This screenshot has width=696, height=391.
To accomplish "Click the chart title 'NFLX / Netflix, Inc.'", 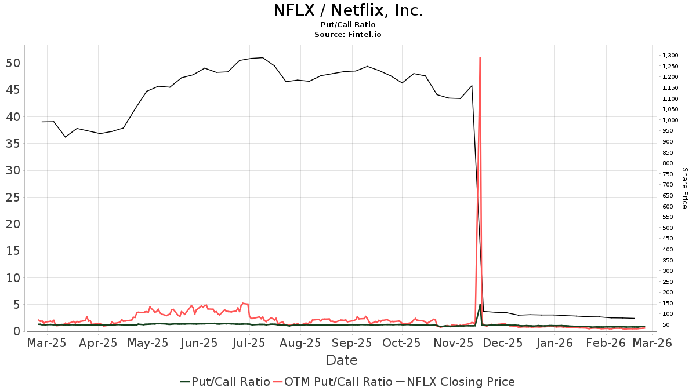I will pyautogui.click(x=348, y=10).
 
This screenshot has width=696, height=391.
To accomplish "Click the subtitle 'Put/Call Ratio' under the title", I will pyautogui.click(x=348, y=24).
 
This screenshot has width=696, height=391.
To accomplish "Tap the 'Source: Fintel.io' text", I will pyautogui.click(x=348, y=34).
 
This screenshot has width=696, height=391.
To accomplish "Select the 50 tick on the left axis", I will pyautogui.click(x=13, y=63).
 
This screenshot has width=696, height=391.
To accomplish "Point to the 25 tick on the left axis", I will pyautogui.click(x=13, y=198).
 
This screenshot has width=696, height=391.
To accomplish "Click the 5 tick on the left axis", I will pyautogui.click(x=17, y=305).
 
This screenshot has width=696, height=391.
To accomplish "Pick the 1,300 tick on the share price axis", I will pyautogui.click(x=670, y=56).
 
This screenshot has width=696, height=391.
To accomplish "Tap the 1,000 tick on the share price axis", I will pyautogui.click(x=670, y=120).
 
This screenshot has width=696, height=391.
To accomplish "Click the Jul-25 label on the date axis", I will pyautogui.click(x=249, y=343).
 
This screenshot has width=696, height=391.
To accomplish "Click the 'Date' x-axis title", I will pyautogui.click(x=342, y=360).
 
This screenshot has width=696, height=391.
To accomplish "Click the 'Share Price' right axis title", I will pyautogui.click(x=684, y=188).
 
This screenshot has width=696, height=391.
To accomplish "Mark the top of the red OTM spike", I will pyautogui.click(x=480, y=58).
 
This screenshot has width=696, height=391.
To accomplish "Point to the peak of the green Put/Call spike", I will pyautogui.click(x=480, y=305).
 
